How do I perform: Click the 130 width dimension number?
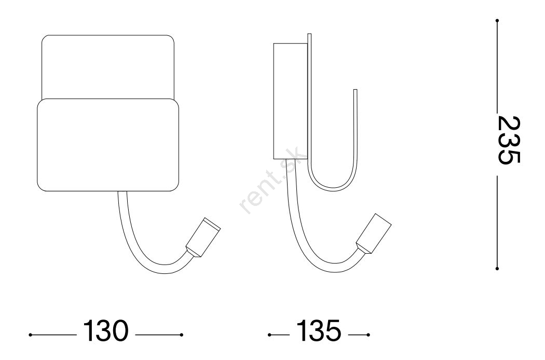click(x=106, y=330)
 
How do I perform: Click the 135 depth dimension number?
click(x=318, y=330)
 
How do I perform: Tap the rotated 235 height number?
click(x=509, y=140)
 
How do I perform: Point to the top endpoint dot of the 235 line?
click(x=497, y=21)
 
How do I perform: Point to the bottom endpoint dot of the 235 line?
click(x=497, y=268)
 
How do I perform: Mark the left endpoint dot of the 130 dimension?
click(x=31, y=335)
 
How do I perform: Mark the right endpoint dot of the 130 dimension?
click(x=182, y=335)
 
